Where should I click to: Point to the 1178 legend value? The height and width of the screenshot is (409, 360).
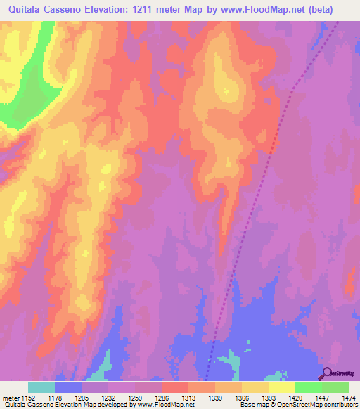click(68, 398)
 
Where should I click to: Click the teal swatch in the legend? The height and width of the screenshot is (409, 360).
click(41, 387)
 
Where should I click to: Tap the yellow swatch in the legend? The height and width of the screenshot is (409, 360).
click(281, 387)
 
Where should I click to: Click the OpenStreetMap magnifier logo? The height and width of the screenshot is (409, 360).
click(326, 373)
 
